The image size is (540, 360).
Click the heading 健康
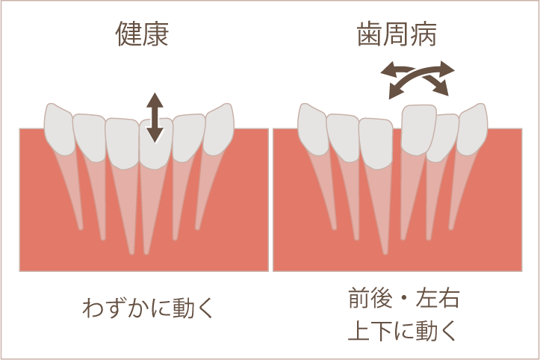142,34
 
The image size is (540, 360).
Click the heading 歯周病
397,34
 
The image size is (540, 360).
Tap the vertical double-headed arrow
155,118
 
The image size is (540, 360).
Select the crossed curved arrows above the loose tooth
418,80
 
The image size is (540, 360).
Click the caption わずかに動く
148,307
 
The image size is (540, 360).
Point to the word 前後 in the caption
370,298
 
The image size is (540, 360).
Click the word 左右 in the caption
438,298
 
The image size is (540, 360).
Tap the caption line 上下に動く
403,330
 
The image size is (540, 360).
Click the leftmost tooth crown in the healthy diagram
59,129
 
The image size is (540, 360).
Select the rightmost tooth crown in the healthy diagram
219,129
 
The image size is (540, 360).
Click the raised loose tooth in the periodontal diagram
419,130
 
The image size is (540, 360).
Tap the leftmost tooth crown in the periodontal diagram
313,129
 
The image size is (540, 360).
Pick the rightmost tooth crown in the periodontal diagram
473,129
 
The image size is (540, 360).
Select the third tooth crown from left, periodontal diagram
376,143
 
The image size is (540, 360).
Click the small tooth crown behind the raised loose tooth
444,137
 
